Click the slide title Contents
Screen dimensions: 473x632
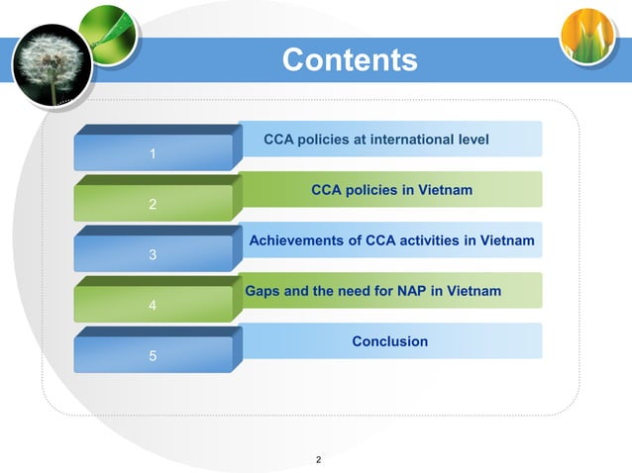(350, 60)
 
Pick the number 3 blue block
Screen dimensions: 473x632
(152, 254)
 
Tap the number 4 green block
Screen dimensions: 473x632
(152, 305)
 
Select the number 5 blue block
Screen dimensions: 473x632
(152, 355)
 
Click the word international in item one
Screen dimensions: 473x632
(411, 140)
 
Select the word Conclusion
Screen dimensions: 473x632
(390, 341)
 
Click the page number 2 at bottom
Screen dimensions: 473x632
(318, 460)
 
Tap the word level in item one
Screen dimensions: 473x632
(471, 140)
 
